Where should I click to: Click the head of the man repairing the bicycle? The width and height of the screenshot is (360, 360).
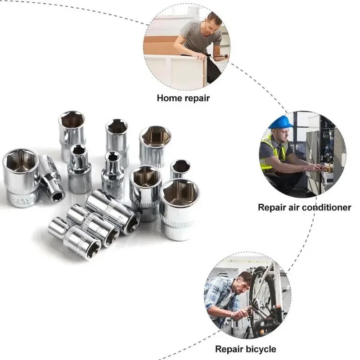point(244,281)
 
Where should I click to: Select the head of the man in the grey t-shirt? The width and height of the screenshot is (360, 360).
point(214,21)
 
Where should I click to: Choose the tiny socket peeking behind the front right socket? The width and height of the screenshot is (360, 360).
point(180,168)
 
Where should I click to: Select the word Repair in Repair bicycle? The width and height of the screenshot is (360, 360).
point(230,349)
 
